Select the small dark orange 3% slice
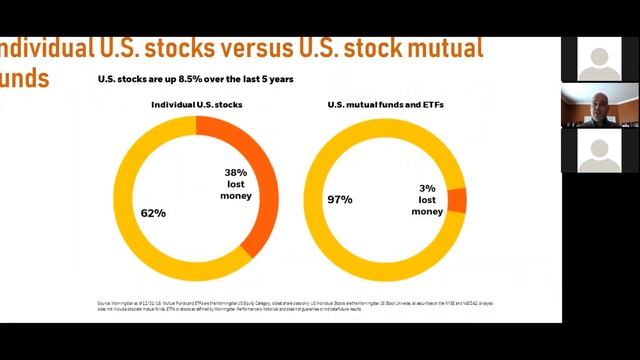(457, 199)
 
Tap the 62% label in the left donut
(153, 213)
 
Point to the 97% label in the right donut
(340, 200)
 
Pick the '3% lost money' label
(427, 199)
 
